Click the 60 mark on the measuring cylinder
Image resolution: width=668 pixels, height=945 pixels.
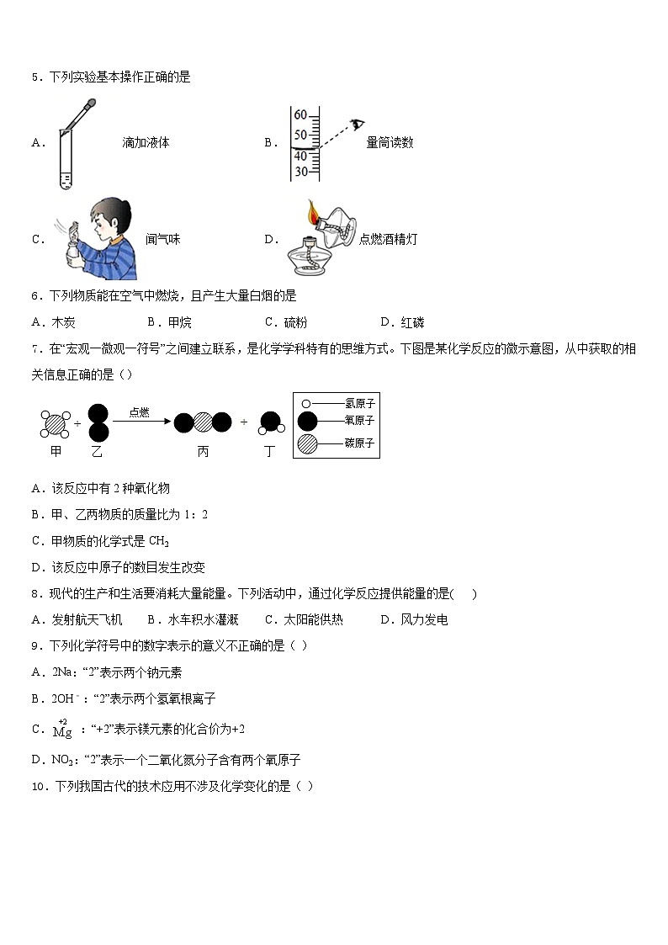pos(300,115)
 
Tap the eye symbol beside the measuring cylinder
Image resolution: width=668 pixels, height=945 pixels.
pos(358,125)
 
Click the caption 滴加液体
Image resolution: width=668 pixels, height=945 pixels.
pos(146,143)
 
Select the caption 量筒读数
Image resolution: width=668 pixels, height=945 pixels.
pos(390,143)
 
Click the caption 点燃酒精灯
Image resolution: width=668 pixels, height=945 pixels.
pos(388,239)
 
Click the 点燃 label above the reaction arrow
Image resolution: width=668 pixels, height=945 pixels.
pos(140,411)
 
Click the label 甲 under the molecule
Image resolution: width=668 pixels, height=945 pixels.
pos(56,451)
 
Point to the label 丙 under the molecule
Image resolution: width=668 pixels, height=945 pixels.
pos(203,451)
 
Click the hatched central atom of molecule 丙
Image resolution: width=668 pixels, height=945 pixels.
pos(203,423)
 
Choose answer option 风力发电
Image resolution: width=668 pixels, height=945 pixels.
pos(425,620)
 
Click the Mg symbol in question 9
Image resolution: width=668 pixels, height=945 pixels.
pos(62,731)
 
